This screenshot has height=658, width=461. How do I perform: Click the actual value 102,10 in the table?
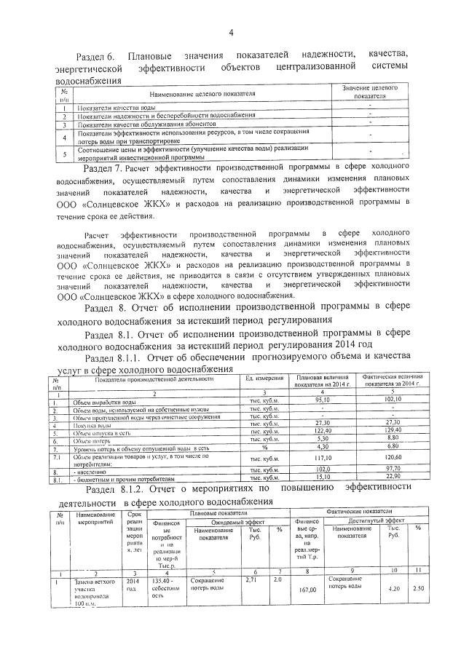(385, 400)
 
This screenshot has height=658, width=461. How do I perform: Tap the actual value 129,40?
(385, 432)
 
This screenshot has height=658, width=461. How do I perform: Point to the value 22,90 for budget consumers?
(385, 478)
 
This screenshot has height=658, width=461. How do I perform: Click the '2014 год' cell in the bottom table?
(130, 585)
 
